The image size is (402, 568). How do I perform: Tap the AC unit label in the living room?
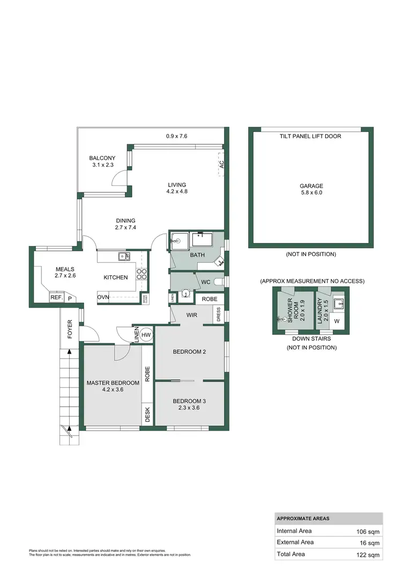coord(220,166)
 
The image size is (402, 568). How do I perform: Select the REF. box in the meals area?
coord(56,297)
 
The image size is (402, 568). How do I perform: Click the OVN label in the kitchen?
coord(103,297)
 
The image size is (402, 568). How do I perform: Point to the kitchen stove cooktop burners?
coord(143,274)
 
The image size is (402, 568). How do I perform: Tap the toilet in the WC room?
coord(218,281)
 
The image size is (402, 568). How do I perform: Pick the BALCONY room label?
coord(102,158)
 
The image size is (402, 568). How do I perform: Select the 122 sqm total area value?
coord(369,555)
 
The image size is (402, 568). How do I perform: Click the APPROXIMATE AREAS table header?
coord(303,519)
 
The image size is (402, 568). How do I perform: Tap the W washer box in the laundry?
coord(337,322)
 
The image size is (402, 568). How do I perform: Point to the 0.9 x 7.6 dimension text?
coord(176,136)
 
